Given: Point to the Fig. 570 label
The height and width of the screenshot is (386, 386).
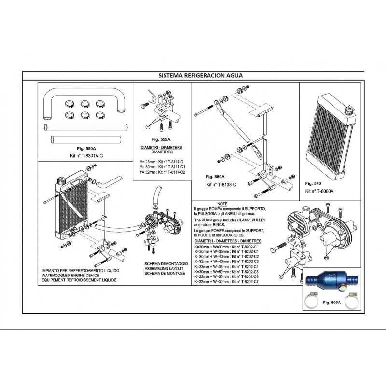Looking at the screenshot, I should [x=314, y=184].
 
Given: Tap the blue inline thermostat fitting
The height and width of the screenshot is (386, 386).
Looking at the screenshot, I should [x=327, y=281].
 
